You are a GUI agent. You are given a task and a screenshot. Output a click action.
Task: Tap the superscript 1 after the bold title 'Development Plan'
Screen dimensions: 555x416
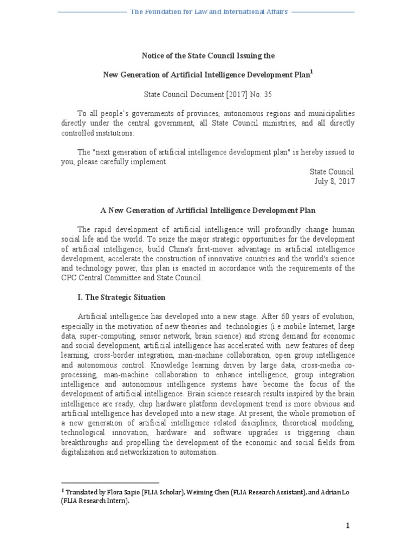311,72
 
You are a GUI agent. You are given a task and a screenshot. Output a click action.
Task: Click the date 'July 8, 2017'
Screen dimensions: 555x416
334,182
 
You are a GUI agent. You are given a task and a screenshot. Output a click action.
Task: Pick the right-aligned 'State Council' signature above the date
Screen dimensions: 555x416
332,171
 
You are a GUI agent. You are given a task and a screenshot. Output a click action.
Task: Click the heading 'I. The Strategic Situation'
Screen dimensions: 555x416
121,298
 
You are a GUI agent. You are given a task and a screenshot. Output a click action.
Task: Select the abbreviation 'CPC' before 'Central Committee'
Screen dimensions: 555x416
70,278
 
